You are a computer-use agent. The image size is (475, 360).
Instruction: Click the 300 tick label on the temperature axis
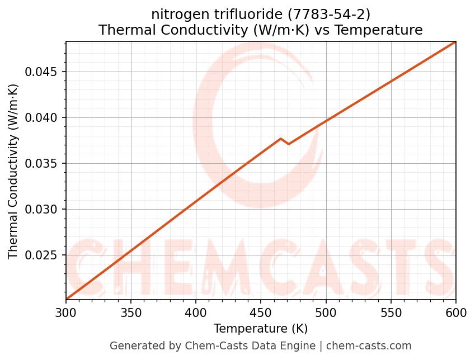coord(66,312)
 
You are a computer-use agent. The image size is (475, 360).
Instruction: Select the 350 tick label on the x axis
coord(131,312)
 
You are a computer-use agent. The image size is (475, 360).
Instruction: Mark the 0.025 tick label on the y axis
coord(43,255)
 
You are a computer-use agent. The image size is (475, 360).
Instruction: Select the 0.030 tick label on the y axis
coord(43,210)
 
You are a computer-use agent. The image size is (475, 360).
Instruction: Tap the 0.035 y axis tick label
coord(43,164)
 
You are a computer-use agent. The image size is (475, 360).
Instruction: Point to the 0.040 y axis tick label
coord(43,118)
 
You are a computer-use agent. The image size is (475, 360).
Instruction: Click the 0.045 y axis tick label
coord(43,72)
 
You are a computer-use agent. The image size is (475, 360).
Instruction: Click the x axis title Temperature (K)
coord(261,328)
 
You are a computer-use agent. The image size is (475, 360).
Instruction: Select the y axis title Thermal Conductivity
coord(13,171)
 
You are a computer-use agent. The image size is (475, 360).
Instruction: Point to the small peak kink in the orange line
coord(281,139)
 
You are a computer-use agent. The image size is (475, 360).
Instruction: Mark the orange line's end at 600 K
coord(455,42)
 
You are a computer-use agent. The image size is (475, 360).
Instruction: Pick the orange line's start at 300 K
coord(66,299)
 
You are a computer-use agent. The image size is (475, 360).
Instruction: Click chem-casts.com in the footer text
coord(369,346)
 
